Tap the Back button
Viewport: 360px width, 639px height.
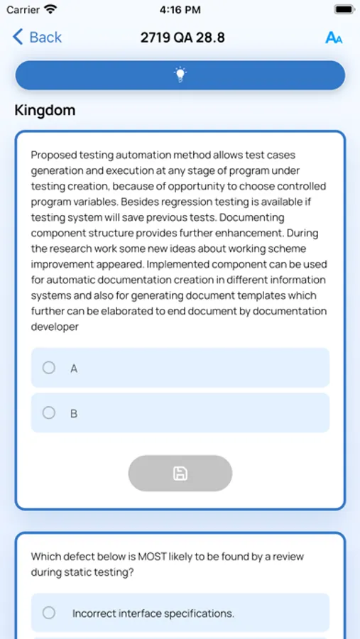click(x=37, y=37)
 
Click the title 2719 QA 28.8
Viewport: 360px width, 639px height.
click(x=182, y=37)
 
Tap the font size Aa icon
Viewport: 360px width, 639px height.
click(x=333, y=38)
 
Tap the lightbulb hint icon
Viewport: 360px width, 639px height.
click(x=180, y=75)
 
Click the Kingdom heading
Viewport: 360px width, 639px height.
click(x=45, y=111)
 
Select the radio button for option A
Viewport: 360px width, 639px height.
click(x=49, y=368)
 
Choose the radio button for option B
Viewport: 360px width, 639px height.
click(x=49, y=413)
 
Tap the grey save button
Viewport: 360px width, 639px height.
click(x=180, y=474)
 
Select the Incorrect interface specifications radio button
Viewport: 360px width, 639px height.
click(x=49, y=613)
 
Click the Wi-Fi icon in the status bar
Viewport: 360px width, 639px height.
click(x=50, y=10)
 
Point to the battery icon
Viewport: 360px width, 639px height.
click(x=344, y=10)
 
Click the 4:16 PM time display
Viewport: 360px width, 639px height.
click(x=180, y=10)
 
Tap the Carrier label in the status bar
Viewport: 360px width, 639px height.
click(x=23, y=10)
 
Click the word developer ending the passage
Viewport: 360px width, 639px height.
click(x=55, y=327)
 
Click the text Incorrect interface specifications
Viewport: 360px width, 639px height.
click(x=153, y=613)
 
